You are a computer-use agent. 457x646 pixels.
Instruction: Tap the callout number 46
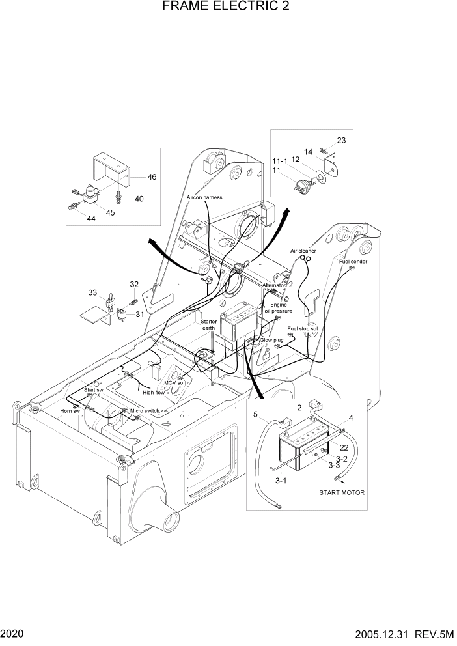(x=151, y=177)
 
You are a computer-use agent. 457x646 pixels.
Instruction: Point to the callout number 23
(x=341, y=141)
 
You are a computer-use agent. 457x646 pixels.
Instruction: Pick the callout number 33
(x=93, y=292)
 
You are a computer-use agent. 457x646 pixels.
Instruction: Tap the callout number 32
(x=134, y=285)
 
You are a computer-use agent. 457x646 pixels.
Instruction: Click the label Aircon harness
(x=204, y=197)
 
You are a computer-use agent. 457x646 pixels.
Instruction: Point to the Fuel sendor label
(x=353, y=261)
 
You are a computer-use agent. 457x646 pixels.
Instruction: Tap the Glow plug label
(x=271, y=341)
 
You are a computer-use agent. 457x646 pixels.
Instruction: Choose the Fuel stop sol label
(x=303, y=329)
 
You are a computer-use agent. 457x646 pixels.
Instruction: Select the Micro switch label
(x=145, y=411)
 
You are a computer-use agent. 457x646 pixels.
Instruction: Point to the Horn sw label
(x=70, y=412)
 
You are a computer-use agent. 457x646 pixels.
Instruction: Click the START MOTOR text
(x=342, y=492)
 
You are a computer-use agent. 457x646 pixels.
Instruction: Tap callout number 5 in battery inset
(x=255, y=415)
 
